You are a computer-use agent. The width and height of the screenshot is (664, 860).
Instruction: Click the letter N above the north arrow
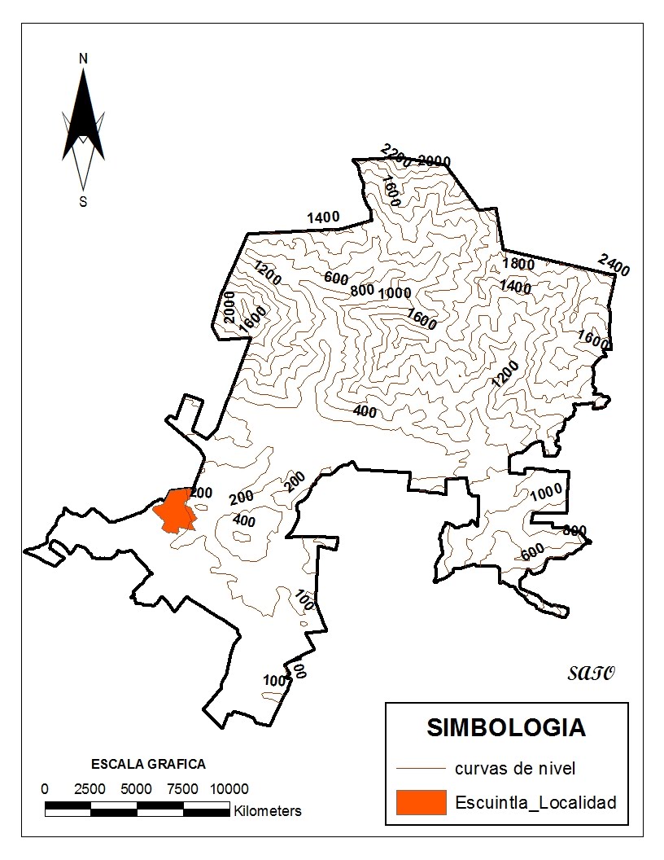[83, 59]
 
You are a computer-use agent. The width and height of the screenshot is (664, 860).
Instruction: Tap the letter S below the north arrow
[83, 202]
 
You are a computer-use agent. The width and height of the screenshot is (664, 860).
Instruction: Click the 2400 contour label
[614, 264]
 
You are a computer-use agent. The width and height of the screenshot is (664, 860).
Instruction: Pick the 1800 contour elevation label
[518, 263]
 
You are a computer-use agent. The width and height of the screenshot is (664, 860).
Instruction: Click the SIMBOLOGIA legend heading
[505, 727]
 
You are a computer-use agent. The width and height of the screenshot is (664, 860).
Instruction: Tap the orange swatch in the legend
[422, 802]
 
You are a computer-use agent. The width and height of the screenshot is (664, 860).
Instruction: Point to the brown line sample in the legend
[422, 768]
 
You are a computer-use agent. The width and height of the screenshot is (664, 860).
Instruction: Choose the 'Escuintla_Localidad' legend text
[535, 802]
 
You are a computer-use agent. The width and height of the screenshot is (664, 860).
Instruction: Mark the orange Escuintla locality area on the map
[174, 510]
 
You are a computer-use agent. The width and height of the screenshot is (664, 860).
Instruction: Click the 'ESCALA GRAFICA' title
[148, 764]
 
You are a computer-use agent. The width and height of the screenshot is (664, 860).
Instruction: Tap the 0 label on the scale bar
[45, 789]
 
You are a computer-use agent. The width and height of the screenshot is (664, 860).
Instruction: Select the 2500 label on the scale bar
[90, 789]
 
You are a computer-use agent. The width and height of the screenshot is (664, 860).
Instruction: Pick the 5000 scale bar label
[136, 789]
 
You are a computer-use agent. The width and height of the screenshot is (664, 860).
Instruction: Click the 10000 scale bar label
[229, 789]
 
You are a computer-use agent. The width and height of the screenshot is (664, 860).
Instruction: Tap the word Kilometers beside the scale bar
[268, 811]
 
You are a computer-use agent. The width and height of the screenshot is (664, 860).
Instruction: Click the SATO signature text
[591, 673]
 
